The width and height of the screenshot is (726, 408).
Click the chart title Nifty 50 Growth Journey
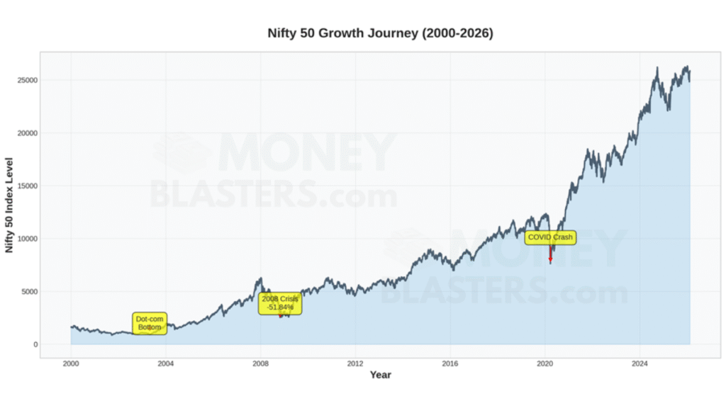380,33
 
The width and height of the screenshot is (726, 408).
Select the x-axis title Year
380,375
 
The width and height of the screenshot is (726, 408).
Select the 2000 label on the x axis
71,363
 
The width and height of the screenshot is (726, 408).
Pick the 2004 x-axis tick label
166,363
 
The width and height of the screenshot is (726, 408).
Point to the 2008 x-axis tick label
260,363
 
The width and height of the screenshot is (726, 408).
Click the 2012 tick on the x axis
355,363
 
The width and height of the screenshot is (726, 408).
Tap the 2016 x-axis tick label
450,363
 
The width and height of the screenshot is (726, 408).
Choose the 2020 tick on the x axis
545,363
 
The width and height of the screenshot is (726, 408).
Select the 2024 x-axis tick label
640,363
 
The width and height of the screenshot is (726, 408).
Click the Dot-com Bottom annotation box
150,324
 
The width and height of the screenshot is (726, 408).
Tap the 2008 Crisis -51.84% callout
280,303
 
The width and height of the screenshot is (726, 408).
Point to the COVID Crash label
550,237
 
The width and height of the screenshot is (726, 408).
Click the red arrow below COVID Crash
550,254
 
